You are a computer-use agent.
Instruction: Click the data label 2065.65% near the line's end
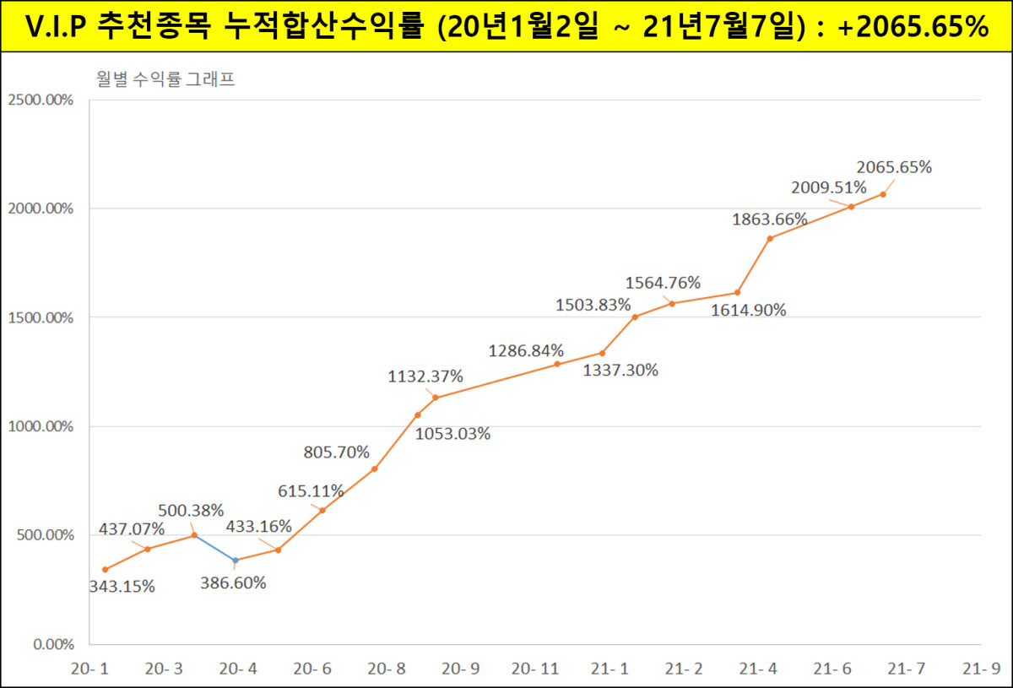point(894,167)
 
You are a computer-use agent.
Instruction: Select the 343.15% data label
point(122,586)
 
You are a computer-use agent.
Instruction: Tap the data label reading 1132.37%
point(425,376)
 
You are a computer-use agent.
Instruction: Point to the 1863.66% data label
point(769,219)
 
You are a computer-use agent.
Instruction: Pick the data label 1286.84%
point(526,350)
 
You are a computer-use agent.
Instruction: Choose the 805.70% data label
point(336,452)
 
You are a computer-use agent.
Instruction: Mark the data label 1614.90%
point(748,310)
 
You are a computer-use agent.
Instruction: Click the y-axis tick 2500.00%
point(41,100)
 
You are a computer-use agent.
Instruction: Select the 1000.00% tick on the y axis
point(41,426)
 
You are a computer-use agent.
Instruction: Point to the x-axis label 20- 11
point(535,669)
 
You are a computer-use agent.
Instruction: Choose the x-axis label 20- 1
point(90,669)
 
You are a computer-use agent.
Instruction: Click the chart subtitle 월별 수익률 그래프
point(165,81)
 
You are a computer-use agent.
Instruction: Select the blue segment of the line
point(214,548)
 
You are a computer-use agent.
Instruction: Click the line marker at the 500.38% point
point(194,535)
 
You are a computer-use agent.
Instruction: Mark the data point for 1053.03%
point(417,414)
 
